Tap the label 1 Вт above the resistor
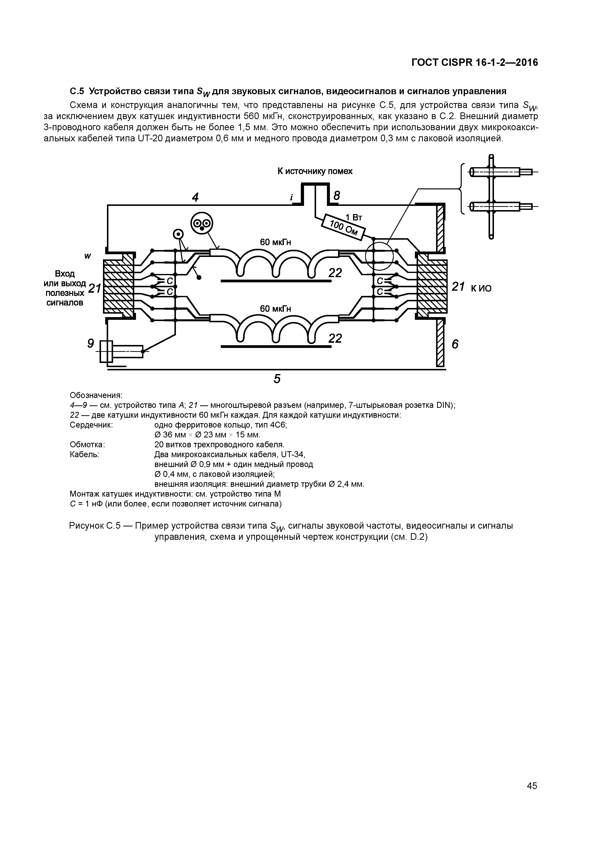click(354, 217)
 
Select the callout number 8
click(337, 196)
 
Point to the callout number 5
click(277, 379)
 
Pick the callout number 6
click(455, 344)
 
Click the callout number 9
click(90, 343)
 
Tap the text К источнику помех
click(315, 171)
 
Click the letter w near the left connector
click(88, 256)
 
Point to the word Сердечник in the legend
click(91, 425)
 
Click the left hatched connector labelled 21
click(118, 286)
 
